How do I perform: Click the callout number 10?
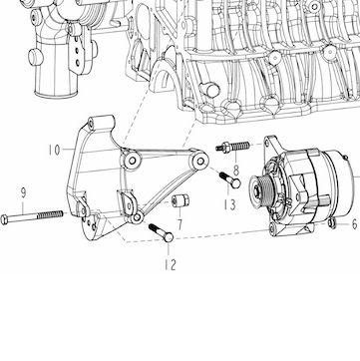[x=54, y=150]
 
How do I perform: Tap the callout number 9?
[x=23, y=192]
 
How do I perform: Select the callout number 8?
[x=236, y=171]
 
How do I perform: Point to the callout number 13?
[x=229, y=204]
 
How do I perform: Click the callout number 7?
[x=180, y=224]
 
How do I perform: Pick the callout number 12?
[x=170, y=264]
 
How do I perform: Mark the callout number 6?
[x=355, y=224]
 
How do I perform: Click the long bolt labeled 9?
[x=32, y=216]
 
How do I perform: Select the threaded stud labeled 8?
[x=232, y=147]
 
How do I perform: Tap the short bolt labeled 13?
[x=229, y=179]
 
